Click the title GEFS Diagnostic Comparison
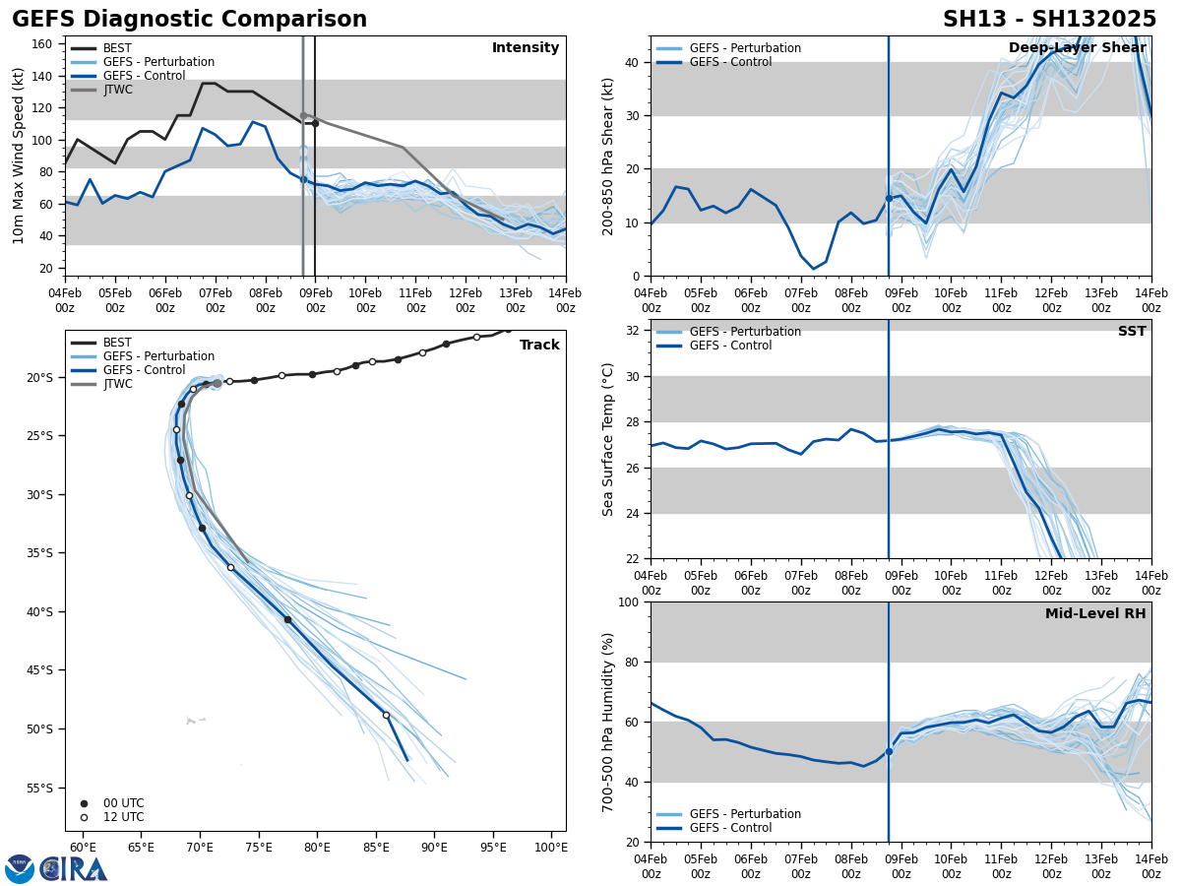(189, 20)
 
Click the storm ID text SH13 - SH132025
(1049, 20)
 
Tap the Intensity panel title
(525, 48)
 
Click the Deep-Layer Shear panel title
(1077, 48)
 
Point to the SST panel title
(1131, 332)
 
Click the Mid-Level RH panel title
(1094, 614)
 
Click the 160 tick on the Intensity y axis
(42, 44)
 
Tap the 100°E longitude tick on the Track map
(550, 848)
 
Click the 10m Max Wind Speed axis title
(19, 156)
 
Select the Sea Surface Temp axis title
(608, 439)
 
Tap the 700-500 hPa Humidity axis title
(608, 722)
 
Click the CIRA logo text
(74, 868)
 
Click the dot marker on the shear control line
(889, 198)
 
